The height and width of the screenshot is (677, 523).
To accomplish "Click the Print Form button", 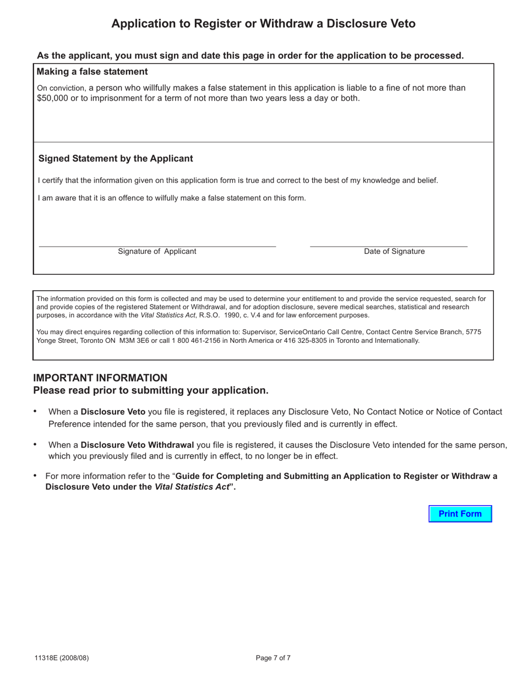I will (460, 514).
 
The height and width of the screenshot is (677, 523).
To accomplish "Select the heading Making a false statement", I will (92, 72).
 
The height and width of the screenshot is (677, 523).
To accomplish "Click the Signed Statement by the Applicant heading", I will (116, 159).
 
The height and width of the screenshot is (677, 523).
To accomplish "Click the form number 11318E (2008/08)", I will (61, 658).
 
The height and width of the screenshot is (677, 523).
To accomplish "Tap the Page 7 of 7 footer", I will (273, 658).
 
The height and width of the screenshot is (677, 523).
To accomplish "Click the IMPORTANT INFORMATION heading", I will (100, 378).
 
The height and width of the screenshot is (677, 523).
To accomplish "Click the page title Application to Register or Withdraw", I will (263, 24).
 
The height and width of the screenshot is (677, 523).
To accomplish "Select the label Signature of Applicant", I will (157, 252).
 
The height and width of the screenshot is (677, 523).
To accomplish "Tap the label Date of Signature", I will (394, 252).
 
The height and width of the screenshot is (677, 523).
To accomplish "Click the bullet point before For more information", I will (35, 476).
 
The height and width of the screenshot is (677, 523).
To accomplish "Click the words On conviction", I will (61, 88).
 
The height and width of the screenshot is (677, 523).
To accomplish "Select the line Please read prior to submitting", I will (151, 390).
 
